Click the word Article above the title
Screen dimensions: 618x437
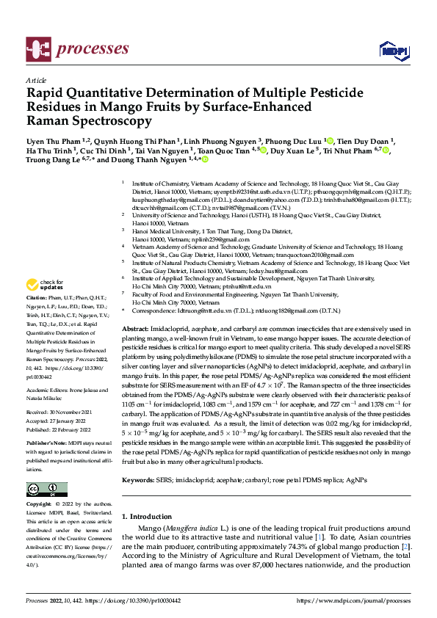pyautogui.click(x=36, y=80)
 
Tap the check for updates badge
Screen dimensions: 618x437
pyautogui.click(x=45, y=285)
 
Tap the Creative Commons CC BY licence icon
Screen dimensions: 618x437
pyautogui.click(x=47, y=489)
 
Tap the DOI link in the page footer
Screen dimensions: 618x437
pyautogui.click(x=139, y=601)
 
